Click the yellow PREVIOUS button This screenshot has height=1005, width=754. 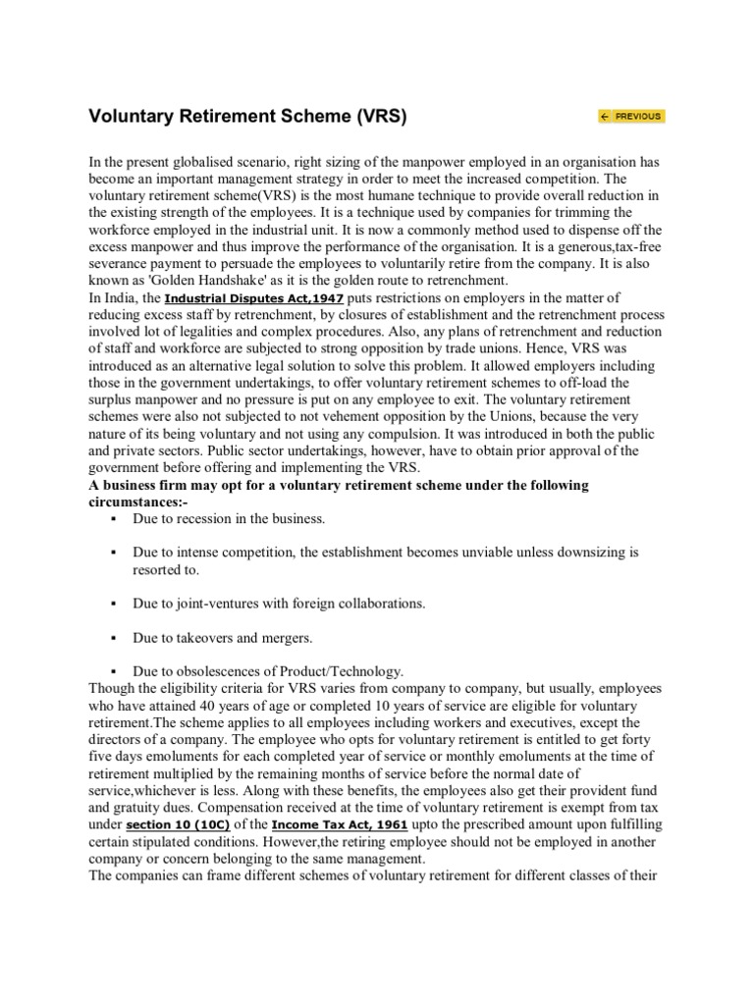[x=630, y=116]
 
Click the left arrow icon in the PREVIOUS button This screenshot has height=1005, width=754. [x=605, y=116]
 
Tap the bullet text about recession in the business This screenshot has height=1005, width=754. [x=229, y=518]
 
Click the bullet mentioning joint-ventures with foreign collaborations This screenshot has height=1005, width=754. [x=279, y=603]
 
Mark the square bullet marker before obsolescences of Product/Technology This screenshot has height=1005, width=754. [x=115, y=671]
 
